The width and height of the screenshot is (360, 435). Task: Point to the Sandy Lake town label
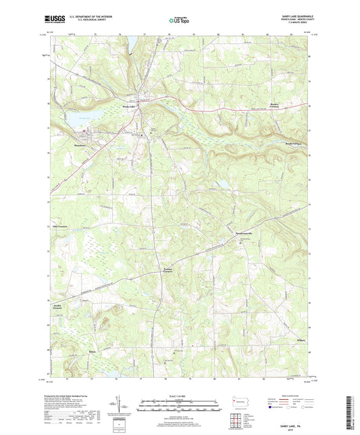(128, 107)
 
